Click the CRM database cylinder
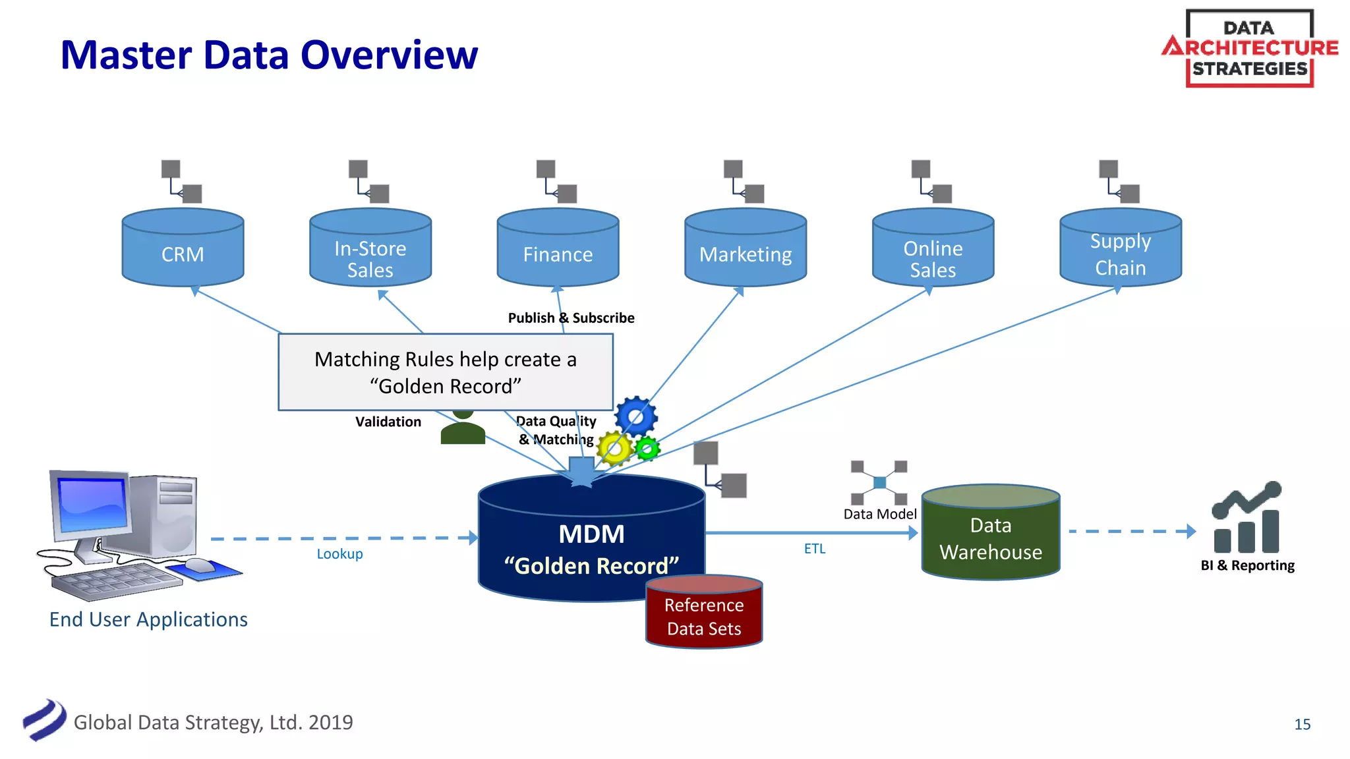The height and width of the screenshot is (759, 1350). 183,248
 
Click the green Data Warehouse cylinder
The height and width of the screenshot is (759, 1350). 991,534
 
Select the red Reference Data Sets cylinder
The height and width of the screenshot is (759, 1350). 704,613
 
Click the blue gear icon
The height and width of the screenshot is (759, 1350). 636,416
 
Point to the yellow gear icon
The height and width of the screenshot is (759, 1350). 614,449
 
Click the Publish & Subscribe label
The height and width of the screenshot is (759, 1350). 571,318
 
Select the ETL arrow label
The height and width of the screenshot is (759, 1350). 815,549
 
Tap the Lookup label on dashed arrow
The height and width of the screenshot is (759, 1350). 339,554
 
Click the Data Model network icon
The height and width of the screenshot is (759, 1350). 879,483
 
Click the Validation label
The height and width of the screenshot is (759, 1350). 388,422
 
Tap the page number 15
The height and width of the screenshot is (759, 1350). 1303,725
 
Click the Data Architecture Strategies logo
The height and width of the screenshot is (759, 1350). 1250,48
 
